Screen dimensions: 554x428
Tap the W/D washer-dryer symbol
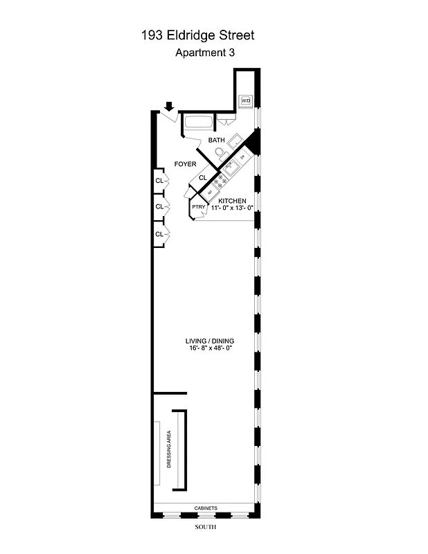245,101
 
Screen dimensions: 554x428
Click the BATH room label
217,140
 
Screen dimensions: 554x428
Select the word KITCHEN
232,200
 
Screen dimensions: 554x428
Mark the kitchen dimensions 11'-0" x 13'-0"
232,208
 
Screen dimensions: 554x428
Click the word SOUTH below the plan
206,528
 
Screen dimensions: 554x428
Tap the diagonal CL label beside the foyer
203,177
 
